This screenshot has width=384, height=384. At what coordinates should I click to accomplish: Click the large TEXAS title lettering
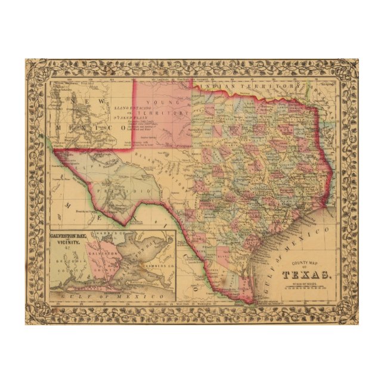(306, 274)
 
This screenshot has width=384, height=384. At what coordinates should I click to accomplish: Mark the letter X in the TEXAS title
(306, 274)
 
